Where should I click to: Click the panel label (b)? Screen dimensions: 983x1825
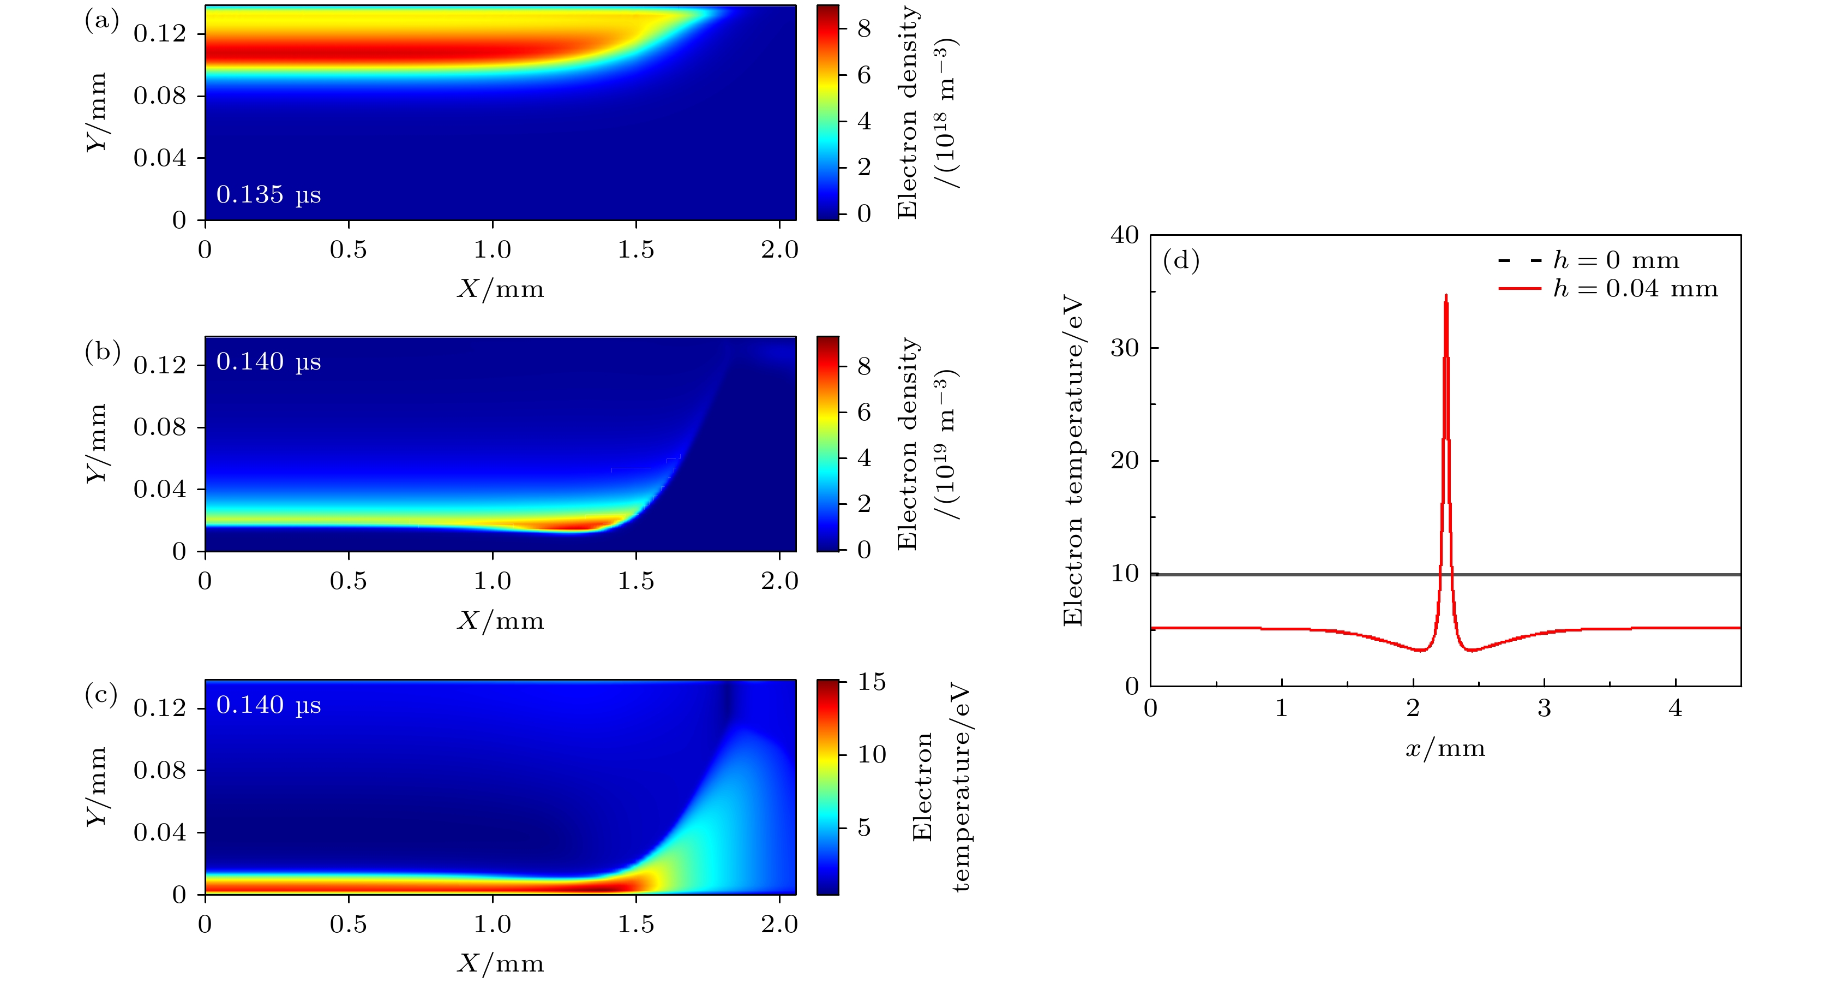click(102, 352)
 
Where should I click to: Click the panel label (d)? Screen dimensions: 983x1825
click(1181, 261)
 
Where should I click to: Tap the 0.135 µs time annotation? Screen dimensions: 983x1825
click(268, 194)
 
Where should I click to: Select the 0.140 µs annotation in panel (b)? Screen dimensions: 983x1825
click(268, 361)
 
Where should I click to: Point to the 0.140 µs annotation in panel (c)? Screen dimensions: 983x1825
click(268, 705)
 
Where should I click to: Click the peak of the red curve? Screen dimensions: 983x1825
click(1446, 295)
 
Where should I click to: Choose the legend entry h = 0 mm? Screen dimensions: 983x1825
click(1616, 260)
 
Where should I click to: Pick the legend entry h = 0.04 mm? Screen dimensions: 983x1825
click(1635, 288)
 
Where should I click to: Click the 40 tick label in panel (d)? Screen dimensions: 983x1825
click(1125, 235)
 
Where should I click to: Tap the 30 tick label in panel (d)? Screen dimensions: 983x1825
click(1125, 348)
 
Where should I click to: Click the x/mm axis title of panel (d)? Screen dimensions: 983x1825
click(1445, 748)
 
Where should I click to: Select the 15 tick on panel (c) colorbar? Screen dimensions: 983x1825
click(872, 682)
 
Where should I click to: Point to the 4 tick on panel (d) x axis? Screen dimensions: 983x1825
click(1676, 708)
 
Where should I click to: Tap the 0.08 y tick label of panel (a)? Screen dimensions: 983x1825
click(160, 96)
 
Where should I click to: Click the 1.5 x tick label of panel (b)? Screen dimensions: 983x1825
click(635, 581)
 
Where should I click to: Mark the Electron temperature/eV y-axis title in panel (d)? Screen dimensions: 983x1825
click(1073, 461)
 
